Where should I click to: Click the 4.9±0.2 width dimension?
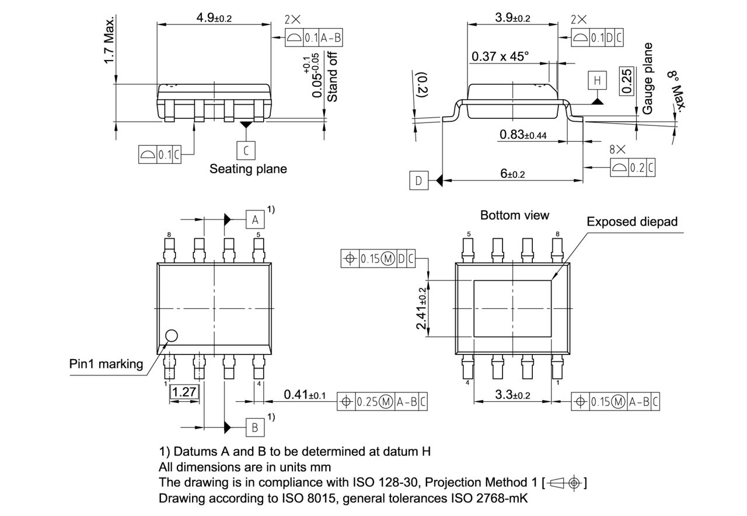click(214, 17)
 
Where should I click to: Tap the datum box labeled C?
click(246, 150)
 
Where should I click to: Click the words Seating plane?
click(248, 169)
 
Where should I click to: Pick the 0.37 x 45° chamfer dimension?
click(500, 56)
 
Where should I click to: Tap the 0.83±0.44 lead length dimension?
click(523, 135)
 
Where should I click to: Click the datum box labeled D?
click(418, 181)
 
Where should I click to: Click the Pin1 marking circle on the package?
click(171, 335)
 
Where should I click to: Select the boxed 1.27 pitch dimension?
click(184, 392)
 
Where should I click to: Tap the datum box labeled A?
click(254, 220)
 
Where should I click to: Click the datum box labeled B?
click(254, 427)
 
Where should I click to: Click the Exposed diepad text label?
click(632, 222)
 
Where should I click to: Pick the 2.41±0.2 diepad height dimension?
click(421, 308)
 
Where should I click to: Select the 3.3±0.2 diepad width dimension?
click(512, 395)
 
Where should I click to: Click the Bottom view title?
click(514, 215)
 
